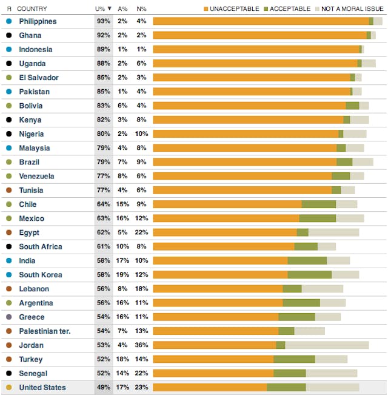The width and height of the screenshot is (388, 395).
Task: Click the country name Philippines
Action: pos(38,21)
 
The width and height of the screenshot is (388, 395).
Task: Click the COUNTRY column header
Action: pos(32,8)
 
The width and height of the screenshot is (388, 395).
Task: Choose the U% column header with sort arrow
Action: pos(103,8)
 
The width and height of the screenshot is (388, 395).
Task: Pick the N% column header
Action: pos(141,8)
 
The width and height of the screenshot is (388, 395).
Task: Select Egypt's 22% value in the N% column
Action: pos(141,232)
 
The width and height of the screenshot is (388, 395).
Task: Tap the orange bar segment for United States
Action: pos(210,387)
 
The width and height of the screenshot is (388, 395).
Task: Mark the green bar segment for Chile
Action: pos(319,204)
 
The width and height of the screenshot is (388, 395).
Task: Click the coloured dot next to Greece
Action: pos(8,317)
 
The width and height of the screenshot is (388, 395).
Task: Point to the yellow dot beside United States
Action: pos(8,387)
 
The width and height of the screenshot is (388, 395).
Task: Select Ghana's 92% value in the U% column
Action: pos(103,35)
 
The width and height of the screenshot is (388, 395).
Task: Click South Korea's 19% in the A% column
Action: pos(122,275)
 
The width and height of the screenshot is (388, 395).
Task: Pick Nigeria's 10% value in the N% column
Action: pos(141,134)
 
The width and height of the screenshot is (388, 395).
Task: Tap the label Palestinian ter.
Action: pos(44,331)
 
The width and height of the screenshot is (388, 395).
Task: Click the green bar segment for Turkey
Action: pos(294,359)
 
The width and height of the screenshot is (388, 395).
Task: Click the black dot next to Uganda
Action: pos(8,64)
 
